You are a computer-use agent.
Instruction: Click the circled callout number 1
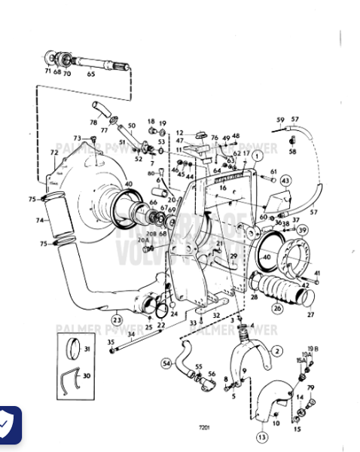point(256,155)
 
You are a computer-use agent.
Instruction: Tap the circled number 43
point(285,181)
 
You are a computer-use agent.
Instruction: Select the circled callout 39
point(302,230)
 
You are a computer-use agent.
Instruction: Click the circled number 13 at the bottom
point(261,437)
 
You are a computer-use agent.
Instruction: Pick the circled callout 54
point(166,363)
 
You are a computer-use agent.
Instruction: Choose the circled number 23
point(117,319)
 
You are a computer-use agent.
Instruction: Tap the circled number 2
point(277,350)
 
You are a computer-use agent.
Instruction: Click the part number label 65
point(91,74)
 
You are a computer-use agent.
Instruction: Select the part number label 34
point(130,334)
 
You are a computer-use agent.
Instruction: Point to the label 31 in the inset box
point(86,349)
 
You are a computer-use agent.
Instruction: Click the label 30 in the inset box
point(86,376)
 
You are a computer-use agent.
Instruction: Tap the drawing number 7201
point(203,427)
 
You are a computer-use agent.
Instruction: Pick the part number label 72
point(53,153)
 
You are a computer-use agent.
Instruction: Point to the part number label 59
point(280,120)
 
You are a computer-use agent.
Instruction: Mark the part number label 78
point(93,122)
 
